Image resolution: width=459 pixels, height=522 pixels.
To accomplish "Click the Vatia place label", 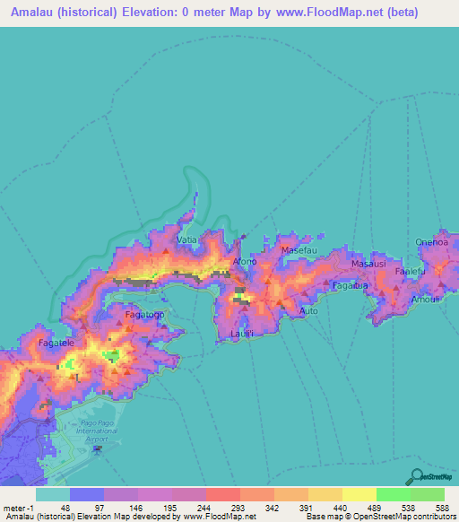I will coord(186,240).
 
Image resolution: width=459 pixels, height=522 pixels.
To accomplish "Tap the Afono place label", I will coord(245,261).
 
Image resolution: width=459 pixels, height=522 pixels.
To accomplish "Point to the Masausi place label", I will coord(368,265).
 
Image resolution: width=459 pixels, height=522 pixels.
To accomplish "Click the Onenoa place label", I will coord(431,241).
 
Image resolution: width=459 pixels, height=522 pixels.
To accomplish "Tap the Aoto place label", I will coord(308,310).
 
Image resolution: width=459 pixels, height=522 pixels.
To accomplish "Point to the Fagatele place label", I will coord(56,343).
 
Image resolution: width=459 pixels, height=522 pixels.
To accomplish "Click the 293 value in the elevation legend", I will coord(236,507).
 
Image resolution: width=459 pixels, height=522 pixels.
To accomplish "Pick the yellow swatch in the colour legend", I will coord(359,494).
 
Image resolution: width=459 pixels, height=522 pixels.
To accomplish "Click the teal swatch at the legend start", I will coord(53,494).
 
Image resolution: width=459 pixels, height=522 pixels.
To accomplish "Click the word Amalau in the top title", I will coord(39,13).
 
